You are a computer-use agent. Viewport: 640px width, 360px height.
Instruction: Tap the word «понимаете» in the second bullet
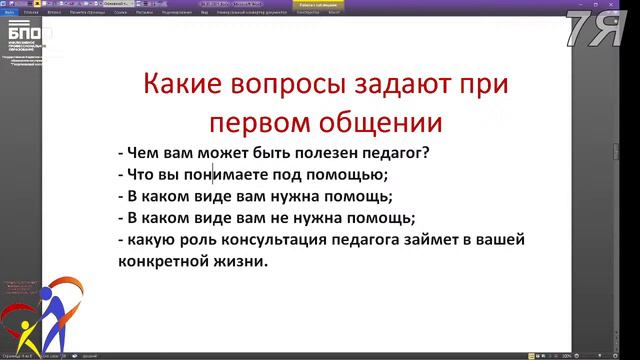[225, 174]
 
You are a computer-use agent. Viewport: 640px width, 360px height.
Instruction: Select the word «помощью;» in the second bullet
[340, 174]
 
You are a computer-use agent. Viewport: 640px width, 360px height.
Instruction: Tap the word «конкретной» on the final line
[160, 262]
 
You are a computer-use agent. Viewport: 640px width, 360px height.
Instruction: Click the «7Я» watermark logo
[597, 30]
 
